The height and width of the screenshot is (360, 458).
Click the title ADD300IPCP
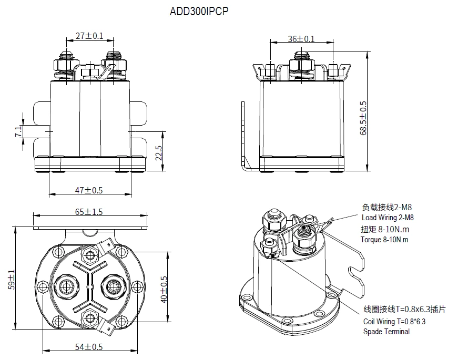199,12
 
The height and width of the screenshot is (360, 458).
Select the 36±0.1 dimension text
301,39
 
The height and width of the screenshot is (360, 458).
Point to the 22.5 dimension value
158,154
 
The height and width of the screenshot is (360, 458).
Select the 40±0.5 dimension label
164,289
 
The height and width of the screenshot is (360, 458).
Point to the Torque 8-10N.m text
384,240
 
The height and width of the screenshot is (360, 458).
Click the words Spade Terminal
386,332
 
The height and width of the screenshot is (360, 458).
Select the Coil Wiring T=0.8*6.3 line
394,322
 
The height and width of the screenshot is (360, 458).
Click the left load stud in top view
66,285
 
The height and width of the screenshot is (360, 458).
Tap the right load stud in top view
113,285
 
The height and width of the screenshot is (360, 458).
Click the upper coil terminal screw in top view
90,256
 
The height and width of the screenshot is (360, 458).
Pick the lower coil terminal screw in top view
90,315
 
